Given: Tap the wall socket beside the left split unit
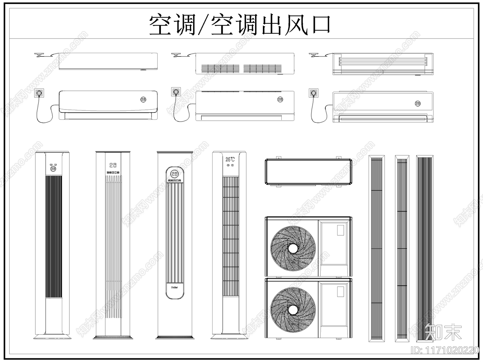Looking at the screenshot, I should click(x=39, y=93).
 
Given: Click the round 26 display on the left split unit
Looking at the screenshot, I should click(x=143, y=99).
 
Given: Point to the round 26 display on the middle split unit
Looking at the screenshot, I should click(x=280, y=99).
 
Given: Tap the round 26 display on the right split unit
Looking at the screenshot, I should click(x=418, y=103).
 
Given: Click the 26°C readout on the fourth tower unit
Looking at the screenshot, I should click(x=230, y=159).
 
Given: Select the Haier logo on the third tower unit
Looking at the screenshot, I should click(x=174, y=287).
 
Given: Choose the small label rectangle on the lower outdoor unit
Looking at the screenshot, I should click(x=341, y=291).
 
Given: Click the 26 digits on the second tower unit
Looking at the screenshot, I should click(x=113, y=165).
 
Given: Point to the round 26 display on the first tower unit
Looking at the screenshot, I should click(x=53, y=169).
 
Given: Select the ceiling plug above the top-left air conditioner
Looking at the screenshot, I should click(x=39, y=55).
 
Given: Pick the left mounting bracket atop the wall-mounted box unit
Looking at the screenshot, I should click(x=279, y=157).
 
